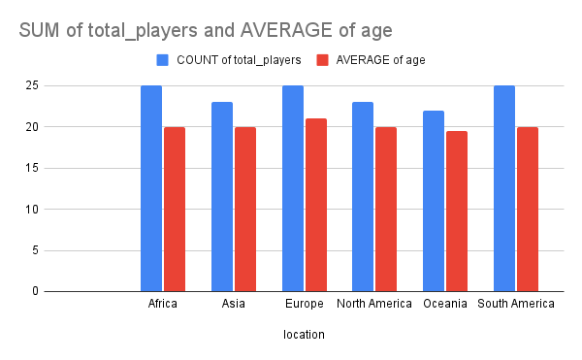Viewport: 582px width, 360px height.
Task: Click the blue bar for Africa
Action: point(151,188)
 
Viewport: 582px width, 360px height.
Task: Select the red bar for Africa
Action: point(174,209)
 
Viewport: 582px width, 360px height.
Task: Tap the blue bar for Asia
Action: point(222,196)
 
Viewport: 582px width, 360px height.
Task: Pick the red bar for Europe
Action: point(315,205)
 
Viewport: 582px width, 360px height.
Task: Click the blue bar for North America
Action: point(363,196)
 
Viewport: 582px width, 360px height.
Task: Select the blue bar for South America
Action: point(504,188)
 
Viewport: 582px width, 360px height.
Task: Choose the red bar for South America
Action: point(527,209)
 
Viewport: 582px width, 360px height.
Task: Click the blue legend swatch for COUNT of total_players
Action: point(163,60)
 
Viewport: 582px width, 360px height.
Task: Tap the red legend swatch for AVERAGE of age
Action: point(324,60)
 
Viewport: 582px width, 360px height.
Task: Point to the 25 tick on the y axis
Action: point(32,85)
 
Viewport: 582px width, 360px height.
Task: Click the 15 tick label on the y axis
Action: point(32,168)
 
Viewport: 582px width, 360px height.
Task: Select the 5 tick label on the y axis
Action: point(35,250)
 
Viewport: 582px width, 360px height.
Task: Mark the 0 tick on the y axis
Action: point(35,291)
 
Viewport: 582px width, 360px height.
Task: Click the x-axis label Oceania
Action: point(445,305)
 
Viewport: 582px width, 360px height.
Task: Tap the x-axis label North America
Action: point(374,305)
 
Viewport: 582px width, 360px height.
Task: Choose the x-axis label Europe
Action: point(304,305)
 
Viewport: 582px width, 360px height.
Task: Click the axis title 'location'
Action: point(304,335)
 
